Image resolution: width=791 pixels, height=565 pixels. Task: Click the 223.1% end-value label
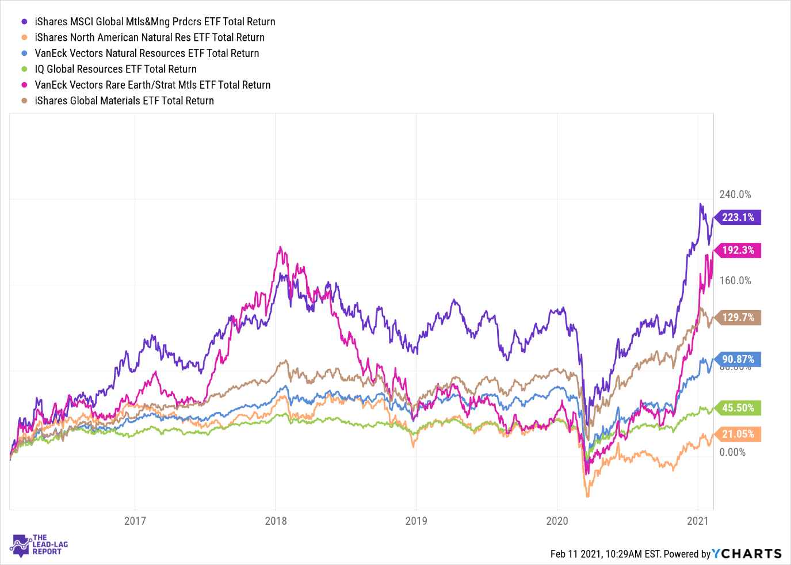(x=738, y=217)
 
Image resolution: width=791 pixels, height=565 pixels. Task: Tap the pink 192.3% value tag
(x=738, y=250)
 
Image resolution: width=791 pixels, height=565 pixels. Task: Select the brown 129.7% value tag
(x=738, y=318)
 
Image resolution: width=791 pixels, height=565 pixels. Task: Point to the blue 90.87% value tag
(x=738, y=360)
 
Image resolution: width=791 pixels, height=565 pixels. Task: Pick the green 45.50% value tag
(x=738, y=408)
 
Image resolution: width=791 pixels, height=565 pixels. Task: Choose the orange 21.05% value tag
(x=738, y=434)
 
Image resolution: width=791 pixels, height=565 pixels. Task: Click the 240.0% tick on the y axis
(x=735, y=194)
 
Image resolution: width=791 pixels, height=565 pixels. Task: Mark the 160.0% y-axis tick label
(x=735, y=281)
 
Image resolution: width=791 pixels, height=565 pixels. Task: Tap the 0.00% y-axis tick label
(x=732, y=452)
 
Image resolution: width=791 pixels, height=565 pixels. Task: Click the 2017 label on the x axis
(x=135, y=521)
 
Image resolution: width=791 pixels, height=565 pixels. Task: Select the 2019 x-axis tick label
(x=416, y=521)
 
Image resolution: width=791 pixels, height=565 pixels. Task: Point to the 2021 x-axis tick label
(x=698, y=521)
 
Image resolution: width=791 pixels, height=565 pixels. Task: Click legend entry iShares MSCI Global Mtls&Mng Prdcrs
(x=155, y=22)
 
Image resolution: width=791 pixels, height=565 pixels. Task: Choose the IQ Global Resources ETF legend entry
(x=116, y=69)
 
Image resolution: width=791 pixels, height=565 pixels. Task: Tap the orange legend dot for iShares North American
(x=24, y=37)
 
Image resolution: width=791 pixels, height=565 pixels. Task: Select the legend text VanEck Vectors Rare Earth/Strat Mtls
(x=152, y=85)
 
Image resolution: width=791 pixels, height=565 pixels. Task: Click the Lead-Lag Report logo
(x=39, y=545)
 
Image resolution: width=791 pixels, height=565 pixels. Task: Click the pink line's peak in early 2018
(x=280, y=248)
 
